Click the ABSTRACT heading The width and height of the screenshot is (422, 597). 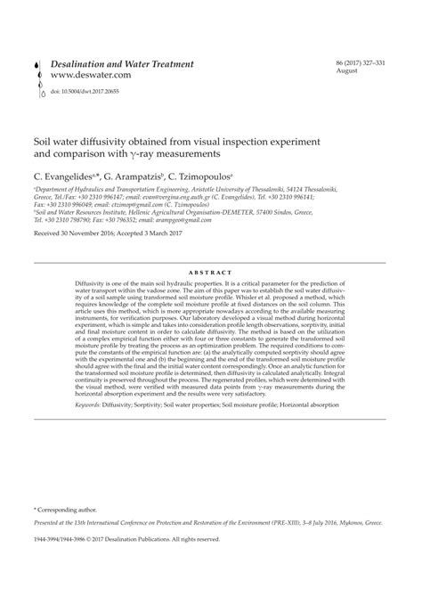click(x=210, y=272)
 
